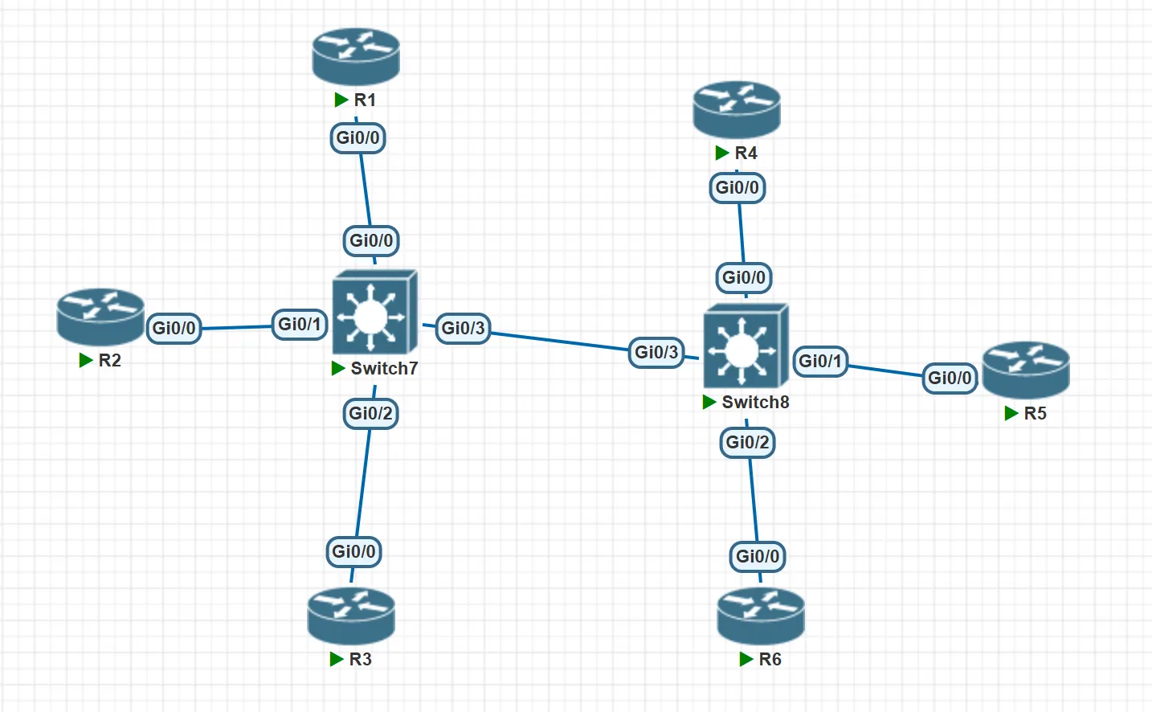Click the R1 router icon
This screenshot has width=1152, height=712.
pyautogui.click(x=356, y=56)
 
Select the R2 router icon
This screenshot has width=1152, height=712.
pyautogui.click(x=100, y=317)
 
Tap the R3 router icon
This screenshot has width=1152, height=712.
pyautogui.click(x=351, y=616)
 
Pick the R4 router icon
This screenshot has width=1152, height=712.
pyautogui.click(x=737, y=109)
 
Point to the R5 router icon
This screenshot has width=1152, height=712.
pyautogui.click(x=1026, y=370)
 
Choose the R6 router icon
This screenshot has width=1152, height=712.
pyautogui.click(x=761, y=616)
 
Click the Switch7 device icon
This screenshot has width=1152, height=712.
pyautogui.click(x=374, y=313)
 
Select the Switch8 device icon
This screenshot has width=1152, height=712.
pyautogui.click(x=746, y=346)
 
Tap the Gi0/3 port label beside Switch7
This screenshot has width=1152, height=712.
pyautogui.click(x=464, y=328)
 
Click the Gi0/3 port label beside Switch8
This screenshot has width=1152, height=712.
pyautogui.click(x=656, y=352)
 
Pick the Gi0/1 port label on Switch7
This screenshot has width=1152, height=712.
pyautogui.click(x=300, y=324)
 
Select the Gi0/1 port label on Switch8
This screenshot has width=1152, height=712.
pyautogui.click(x=820, y=361)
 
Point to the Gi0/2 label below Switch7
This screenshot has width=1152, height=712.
pyautogui.click(x=370, y=413)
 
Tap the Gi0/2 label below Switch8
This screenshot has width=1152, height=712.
pyautogui.click(x=747, y=442)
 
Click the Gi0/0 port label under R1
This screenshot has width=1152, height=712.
pyautogui.click(x=357, y=137)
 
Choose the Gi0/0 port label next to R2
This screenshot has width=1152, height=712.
pyautogui.click(x=174, y=328)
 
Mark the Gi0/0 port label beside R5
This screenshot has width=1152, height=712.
pyautogui.click(x=950, y=378)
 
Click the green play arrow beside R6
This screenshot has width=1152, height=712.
pyautogui.click(x=746, y=660)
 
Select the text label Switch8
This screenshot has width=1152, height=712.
pyautogui.click(x=755, y=402)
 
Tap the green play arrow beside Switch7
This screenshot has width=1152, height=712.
pyautogui.click(x=338, y=368)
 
